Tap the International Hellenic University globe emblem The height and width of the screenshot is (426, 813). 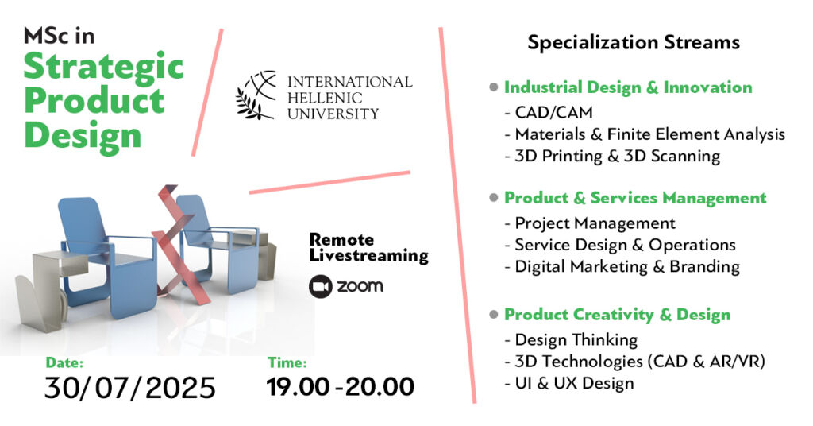click(256, 95)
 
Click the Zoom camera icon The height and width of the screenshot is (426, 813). click(321, 286)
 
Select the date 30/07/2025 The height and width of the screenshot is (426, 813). click(130, 388)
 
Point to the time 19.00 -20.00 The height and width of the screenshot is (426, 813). click(341, 387)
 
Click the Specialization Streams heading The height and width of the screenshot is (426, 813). click(634, 43)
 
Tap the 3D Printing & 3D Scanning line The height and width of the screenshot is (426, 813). click(612, 157)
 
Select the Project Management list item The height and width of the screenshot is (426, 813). click(590, 223)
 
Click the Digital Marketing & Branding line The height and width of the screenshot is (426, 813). click(622, 267)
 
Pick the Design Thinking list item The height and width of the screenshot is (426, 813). click(572, 340)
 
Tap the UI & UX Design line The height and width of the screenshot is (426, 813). click(569, 383)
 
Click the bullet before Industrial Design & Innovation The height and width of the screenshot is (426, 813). click(494, 87)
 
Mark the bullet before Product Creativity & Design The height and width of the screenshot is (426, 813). click(494, 315)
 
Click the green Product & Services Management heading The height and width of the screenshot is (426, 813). click(635, 198)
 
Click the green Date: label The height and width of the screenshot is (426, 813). click(64, 362)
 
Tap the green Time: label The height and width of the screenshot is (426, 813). click(287, 362)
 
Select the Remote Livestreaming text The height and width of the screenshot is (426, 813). click(368, 248)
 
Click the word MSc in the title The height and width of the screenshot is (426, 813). click(59, 36)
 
